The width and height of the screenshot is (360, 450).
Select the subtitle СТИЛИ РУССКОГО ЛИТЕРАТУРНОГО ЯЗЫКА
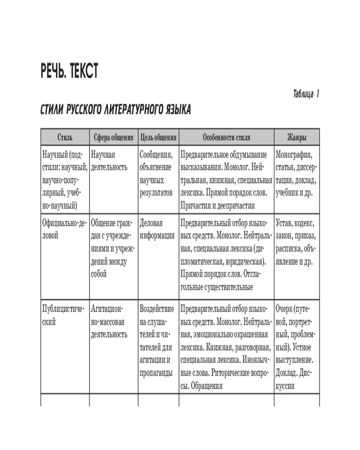[x=116, y=111]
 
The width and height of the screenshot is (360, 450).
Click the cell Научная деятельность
[x=109, y=161]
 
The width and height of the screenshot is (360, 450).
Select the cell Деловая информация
[x=157, y=229]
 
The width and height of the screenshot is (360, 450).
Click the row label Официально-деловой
[x=63, y=229]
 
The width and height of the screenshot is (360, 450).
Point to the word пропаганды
[x=156, y=373]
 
